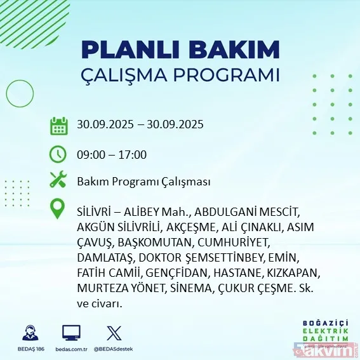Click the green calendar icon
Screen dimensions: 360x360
coord(58,126)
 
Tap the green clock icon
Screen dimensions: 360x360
coord(58,154)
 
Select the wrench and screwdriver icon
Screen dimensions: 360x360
coord(58,181)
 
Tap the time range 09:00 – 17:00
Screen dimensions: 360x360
coord(111,154)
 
